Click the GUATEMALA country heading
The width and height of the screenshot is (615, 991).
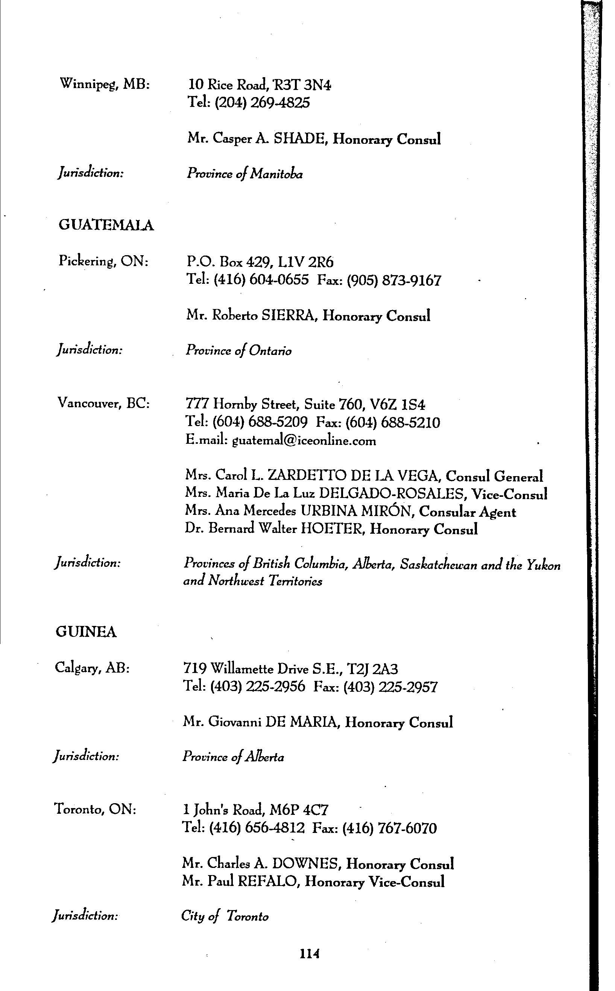click(x=106, y=225)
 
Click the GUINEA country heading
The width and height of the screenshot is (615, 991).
click(x=86, y=632)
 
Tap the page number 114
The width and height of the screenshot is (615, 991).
click(x=309, y=954)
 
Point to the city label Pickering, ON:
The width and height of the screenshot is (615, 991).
click(x=103, y=261)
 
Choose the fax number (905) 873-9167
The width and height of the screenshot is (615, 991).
click(x=394, y=280)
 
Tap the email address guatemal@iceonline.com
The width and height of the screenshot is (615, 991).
click(x=304, y=441)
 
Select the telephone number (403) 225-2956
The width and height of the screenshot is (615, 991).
click(x=257, y=686)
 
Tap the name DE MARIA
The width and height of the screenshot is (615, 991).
click(x=301, y=722)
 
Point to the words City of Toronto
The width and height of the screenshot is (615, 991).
click(x=225, y=916)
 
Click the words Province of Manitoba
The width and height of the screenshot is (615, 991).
click(x=244, y=174)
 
